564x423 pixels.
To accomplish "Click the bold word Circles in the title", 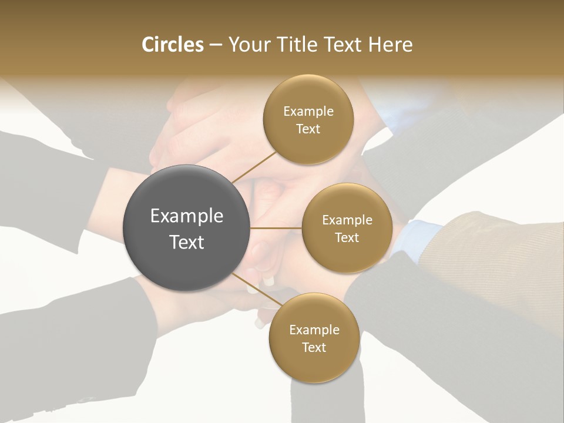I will [173, 45].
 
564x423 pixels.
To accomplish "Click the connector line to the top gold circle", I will [254, 166].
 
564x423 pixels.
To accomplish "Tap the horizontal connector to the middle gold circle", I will [276, 228].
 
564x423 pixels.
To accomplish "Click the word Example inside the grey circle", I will [187, 216].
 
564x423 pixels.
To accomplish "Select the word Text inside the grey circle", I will [187, 241].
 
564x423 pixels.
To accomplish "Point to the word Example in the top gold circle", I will [308, 111].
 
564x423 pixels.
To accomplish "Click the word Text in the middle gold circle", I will [347, 237].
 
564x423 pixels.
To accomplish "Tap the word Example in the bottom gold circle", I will [314, 330].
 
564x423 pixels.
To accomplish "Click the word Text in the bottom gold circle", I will [314, 347].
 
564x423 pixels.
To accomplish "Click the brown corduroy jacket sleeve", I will [499, 247].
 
